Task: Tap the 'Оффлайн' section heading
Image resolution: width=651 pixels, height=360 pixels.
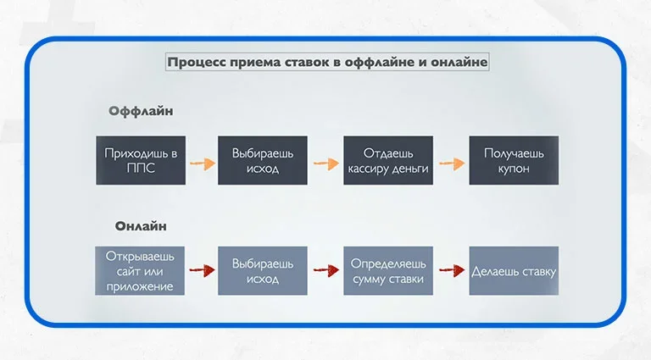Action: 141,111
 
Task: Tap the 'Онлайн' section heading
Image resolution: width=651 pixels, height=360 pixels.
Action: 141,225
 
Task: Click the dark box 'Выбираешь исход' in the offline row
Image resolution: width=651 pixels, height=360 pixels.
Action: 263,159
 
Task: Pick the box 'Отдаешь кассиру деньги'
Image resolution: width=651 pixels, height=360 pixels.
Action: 388,159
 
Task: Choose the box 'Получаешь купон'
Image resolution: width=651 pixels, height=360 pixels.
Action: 514,159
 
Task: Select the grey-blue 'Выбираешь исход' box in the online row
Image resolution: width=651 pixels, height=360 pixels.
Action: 263,270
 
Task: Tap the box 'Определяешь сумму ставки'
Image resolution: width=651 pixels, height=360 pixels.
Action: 388,270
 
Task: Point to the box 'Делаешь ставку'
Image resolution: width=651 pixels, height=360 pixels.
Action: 514,270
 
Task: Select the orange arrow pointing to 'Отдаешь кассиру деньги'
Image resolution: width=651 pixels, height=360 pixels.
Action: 325,162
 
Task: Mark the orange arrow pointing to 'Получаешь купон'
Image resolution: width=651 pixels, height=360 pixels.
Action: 451,162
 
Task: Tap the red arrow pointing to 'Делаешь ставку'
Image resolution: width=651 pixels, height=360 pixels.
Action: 450,271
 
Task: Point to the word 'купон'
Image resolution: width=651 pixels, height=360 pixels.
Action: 514,169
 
